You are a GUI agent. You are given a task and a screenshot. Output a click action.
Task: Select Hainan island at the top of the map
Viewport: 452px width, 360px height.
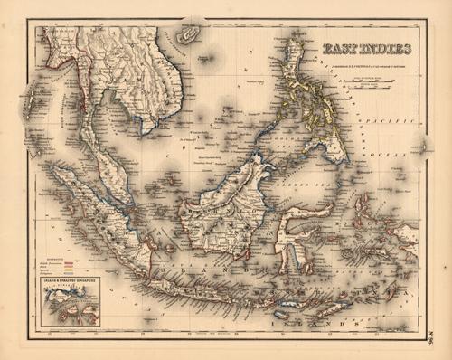pos(188,35)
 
